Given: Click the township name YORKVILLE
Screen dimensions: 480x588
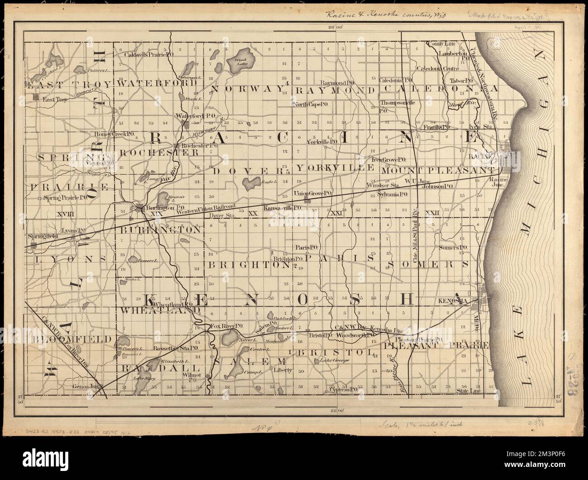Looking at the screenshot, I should (x=335, y=168).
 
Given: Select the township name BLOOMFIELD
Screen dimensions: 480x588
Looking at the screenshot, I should (x=69, y=339).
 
